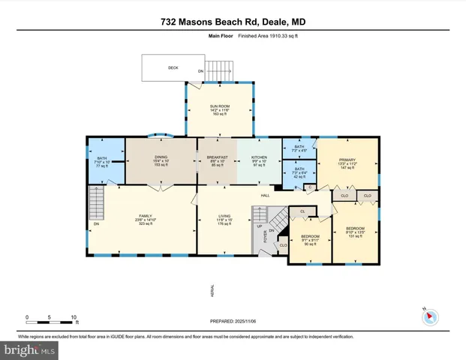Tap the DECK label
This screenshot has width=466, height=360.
[173, 67]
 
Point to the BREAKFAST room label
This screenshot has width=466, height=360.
[216, 157]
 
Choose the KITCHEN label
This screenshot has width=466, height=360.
[258, 157]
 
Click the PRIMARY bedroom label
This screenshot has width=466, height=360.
[347, 160]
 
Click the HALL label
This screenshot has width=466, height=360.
[265, 196]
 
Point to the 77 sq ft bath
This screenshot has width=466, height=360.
[103, 161]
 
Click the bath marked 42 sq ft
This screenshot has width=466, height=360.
[299, 173]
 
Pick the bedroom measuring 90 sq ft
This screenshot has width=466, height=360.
[311, 239]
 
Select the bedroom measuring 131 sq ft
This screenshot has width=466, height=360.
[355, 232]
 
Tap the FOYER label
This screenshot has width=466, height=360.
[265, 238]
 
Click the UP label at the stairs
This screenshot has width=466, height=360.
[260, 226]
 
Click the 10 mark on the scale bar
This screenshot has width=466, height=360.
[74, 317]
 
